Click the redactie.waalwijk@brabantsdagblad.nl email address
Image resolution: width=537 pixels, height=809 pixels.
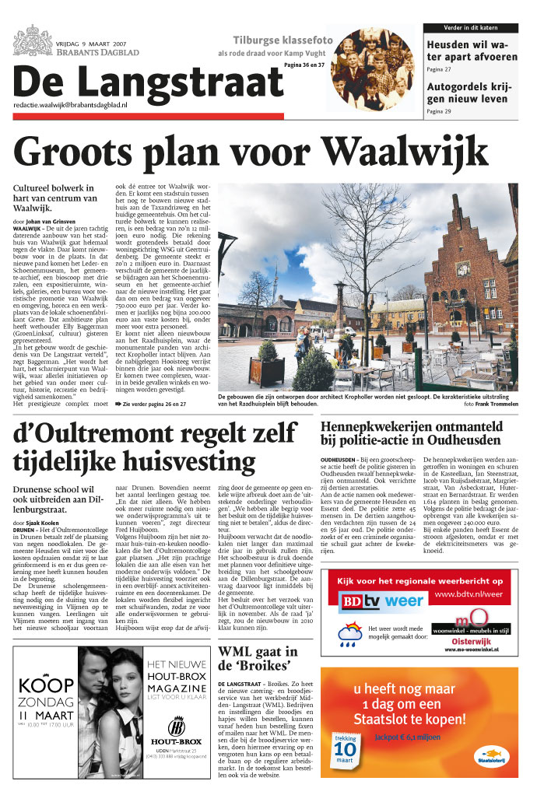[x=70, y=103]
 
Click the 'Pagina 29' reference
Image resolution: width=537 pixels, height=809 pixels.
[x=438, y=112]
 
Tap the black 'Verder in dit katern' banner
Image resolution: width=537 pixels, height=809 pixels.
[x=471, y=28]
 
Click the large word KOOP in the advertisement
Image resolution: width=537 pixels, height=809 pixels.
[x=46, y=685]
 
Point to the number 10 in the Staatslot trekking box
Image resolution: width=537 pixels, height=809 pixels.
[x=345, y=751]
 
